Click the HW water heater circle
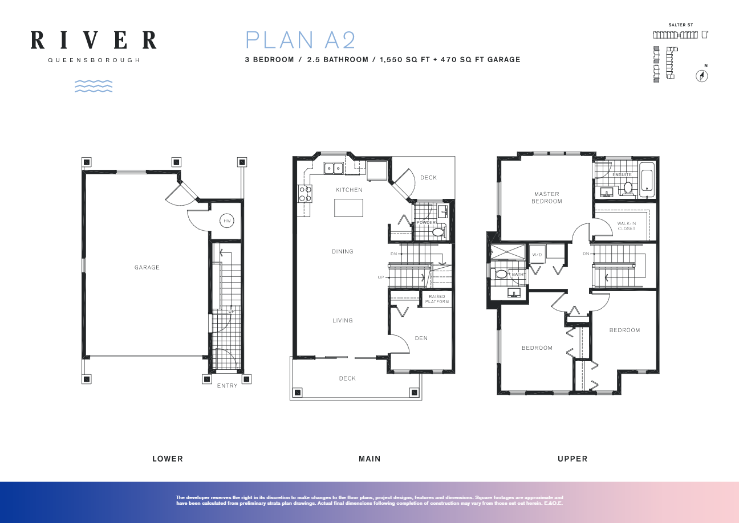(x=227, y=220)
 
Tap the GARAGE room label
(x=147, y=267)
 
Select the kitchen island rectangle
(x=348, y=208)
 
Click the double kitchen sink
(x=333, y=167)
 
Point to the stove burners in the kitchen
(x=304, y=194)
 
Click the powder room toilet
(x=438, y=232)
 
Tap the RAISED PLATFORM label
(x=437, y=299)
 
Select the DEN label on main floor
(x=421, y=338)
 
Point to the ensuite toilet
(x=628, y=187)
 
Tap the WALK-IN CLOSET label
(x=626, y=226)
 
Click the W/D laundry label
(x=537, y=254)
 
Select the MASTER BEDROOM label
(x=546, y=198)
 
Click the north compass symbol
(x=702, y=76)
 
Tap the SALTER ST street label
(x=680, y=26)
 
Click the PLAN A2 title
(x=301, y=40)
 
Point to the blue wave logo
(x=94, y=86)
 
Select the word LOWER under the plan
(x=168, y=459)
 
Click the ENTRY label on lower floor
(x=227, y=386)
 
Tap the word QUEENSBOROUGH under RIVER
(x=94, y=60)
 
